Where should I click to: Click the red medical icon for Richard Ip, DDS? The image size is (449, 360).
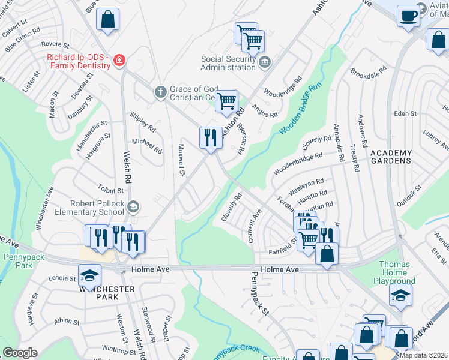pyautogui.click(x=119, y=60)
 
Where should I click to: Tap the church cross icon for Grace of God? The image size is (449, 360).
pyautogui.click(x=160, y=92)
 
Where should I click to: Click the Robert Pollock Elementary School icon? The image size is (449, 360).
pyautogui.click(x=133, y=207)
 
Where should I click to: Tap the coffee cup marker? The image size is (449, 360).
pyautogui.click(x=408, y=15)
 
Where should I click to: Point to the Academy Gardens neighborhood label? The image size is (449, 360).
pyautogui.click(x=391, y=157)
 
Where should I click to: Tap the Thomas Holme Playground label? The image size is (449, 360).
pyautogui.click(x=397, y=272)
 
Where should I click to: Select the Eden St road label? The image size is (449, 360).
pyautogui.click(x=405, y=113)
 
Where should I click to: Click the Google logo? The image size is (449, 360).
pyautogui.click(x=20, y=353)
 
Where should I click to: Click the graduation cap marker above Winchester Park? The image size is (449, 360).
pyautogui.click(x=89, y=275)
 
